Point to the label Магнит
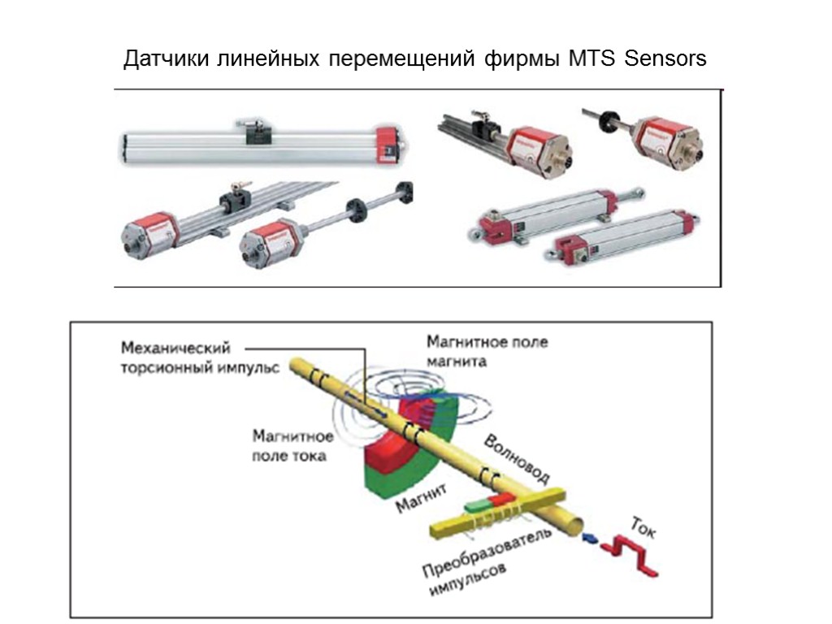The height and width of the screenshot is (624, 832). (422, 497)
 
